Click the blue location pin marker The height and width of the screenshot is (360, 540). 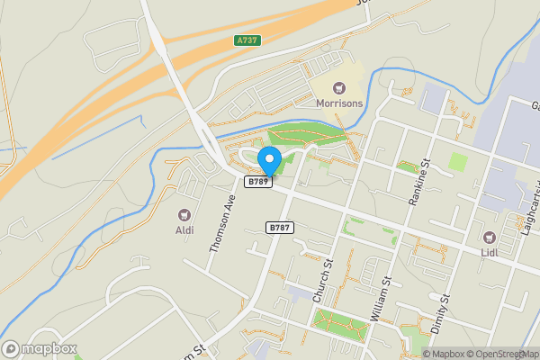click(269, 161)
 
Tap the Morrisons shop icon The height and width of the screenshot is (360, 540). click(338, 87)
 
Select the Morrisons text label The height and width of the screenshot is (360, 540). click(338, 103)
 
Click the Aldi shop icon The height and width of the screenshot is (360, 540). click(184, 214)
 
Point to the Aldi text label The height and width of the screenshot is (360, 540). click(184, 229)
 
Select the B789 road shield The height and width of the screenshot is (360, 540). click(258, 182)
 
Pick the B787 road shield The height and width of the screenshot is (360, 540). click(280, 228)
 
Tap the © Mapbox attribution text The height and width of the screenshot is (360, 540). click(444, 354)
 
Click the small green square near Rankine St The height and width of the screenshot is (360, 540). click(459, 162)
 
